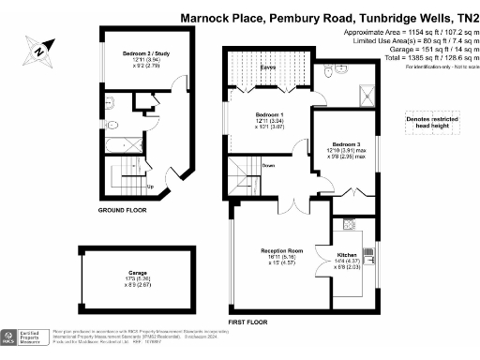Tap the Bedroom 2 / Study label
pyautogui.click(x=140, y=60)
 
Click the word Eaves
pyautogui.click(x=267, y=67)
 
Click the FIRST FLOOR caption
pyautogui.click(x=248, y=322)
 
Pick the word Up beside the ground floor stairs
pyautogui.click(x=150, y=186)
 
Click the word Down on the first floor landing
pyautogui.click(x=268, y=165)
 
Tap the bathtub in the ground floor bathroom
pyautogui.click(x=120, y=145)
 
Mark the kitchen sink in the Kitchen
pyautogui.click(x=346, y=225)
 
